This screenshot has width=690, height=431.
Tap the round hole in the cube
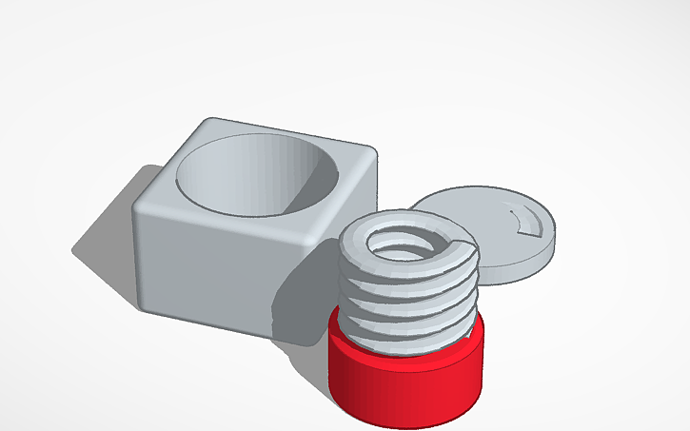257,176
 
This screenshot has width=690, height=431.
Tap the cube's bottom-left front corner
148,304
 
